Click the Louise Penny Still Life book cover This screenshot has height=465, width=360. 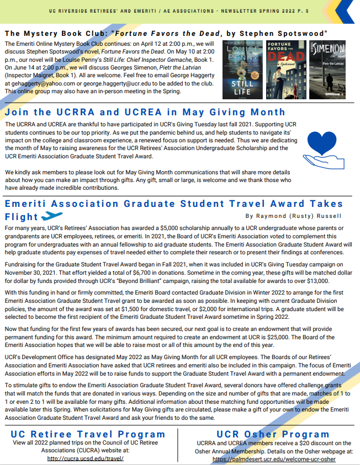(x=242, y=70)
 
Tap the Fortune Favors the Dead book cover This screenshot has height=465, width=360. (x=286, y=70)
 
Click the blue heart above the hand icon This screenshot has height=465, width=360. (x=322, y=142)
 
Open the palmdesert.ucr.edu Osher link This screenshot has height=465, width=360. (x=274, y=458)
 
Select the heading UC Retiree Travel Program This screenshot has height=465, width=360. (x=88, y=434)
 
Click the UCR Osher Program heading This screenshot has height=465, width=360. (x=274, y=434)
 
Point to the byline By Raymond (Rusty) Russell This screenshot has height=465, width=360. (x=293, y=216)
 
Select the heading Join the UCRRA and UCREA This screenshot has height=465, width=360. (x=145, y=112)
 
